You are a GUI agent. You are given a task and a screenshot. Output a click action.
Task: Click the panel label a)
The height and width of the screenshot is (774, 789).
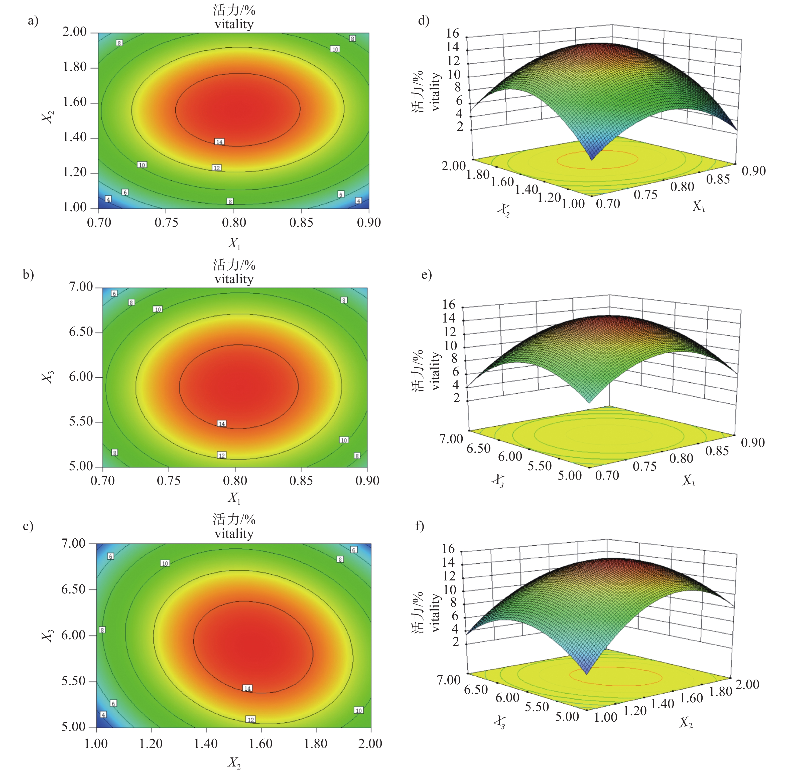(x=33, y=20)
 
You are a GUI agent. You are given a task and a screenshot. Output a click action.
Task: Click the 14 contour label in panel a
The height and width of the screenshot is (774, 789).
(x=220, y=142)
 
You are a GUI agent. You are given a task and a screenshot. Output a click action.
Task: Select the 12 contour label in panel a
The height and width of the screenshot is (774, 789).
(x=217, y=168)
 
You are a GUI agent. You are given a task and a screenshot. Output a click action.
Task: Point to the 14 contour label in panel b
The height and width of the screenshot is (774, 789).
(x=222, y=424)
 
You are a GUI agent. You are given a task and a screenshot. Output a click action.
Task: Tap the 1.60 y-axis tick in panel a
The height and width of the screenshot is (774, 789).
(x=74, y=102)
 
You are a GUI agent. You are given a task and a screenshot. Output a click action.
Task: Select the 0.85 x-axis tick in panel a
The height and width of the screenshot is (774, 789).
(x=301, y=222)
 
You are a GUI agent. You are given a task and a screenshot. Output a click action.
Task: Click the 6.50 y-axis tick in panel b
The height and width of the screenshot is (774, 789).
(x=81, y=332)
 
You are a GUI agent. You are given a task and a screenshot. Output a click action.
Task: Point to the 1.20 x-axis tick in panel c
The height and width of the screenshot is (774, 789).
(x=151, y=743)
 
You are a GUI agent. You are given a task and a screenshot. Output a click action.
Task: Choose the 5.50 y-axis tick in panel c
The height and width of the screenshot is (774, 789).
(x=73, y=681)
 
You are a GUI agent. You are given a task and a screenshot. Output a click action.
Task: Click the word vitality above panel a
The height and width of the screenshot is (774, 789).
(x=234, y=24)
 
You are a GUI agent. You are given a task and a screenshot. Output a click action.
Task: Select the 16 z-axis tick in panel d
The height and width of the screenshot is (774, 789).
(x=452, y=33)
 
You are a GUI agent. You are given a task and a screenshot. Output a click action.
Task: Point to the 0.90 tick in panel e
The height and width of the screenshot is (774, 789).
(x=753, y=442)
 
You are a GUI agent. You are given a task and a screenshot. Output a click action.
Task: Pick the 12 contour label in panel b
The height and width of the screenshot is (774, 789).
(x=222, y=455)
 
